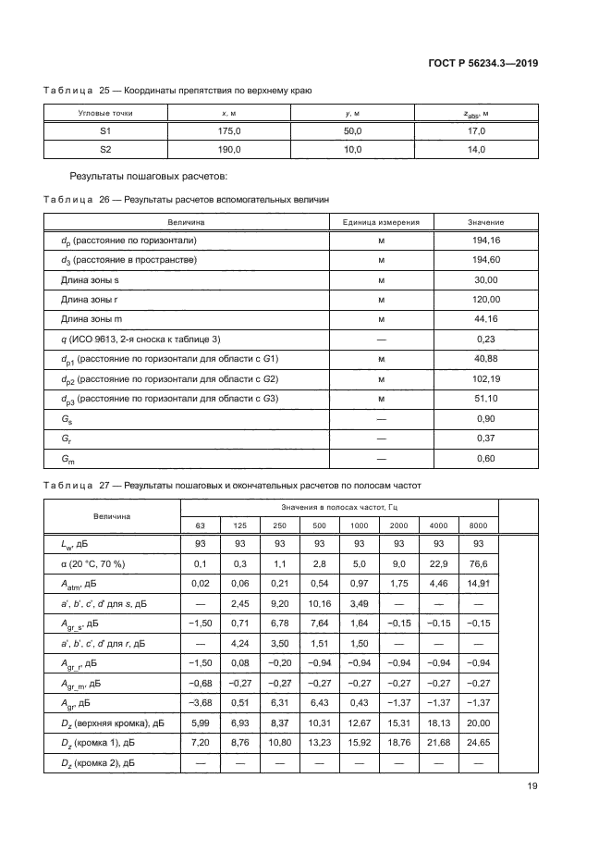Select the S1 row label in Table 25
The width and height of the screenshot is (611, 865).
[x=104, y=131]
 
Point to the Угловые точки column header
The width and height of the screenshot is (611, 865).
[x=104, y=113]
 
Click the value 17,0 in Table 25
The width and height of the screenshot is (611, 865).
[x=475, y=131]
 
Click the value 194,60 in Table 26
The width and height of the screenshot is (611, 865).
[x=485, y=260]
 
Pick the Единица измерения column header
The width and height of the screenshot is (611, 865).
[x=381, y=222]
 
